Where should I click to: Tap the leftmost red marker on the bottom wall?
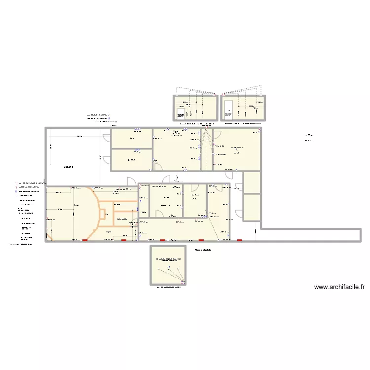point(85,241)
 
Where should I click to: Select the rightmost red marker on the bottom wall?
point(240,241)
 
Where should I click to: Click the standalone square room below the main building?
point(168,265)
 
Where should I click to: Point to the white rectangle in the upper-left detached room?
point(181,113)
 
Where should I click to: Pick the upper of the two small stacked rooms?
point(252,182)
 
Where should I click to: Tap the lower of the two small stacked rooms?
point(252,207)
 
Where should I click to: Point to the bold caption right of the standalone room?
point(202,251)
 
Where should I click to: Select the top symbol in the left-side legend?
point(16,183)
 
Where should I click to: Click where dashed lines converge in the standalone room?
point(183,282)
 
